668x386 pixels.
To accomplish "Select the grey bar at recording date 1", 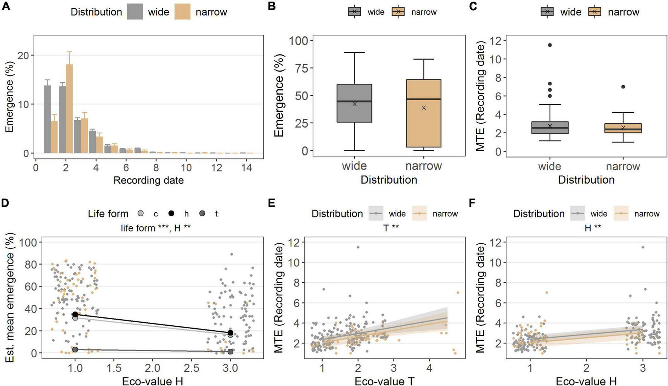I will coord(47,119).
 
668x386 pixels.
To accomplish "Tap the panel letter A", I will coord(5,6).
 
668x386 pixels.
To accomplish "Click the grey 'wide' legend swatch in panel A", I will coord(135,12).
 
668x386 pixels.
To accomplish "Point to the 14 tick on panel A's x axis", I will coord(247,167).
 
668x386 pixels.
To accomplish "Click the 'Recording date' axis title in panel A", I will coord(149,180).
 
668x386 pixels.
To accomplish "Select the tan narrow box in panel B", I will coord(424,113).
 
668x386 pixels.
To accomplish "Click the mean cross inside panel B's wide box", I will coord(354,104).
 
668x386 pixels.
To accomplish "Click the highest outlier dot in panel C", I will coord(550,45).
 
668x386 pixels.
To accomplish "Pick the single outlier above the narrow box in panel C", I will coord(623,87).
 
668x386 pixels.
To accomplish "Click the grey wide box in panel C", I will coord(550,128).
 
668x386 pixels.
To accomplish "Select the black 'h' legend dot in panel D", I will coord(172,214).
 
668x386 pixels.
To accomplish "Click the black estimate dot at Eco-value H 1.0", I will coord(75,314).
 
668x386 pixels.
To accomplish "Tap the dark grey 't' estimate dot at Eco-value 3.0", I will coord(230,351).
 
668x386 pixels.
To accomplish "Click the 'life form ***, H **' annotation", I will coord(156,228).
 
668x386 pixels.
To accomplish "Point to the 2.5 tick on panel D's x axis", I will coord(192,368).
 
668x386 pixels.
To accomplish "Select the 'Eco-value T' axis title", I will coord(384,381).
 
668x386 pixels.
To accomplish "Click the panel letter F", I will coord(472,203).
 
